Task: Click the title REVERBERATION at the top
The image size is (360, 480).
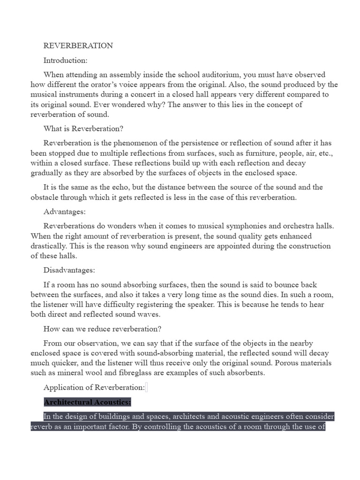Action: [x=78, y=45]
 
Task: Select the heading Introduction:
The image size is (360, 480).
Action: [x=65, y=60]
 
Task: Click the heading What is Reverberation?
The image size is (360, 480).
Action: [x=83, y=128]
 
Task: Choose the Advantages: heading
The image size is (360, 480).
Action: [x=64, y=211]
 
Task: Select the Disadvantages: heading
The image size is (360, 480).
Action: [x=69, y=270]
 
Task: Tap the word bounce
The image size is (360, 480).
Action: [x=295, y=285]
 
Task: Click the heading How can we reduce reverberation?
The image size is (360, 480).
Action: [x=102, y=329]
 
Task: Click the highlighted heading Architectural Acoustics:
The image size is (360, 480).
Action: [x=87, y=402]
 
